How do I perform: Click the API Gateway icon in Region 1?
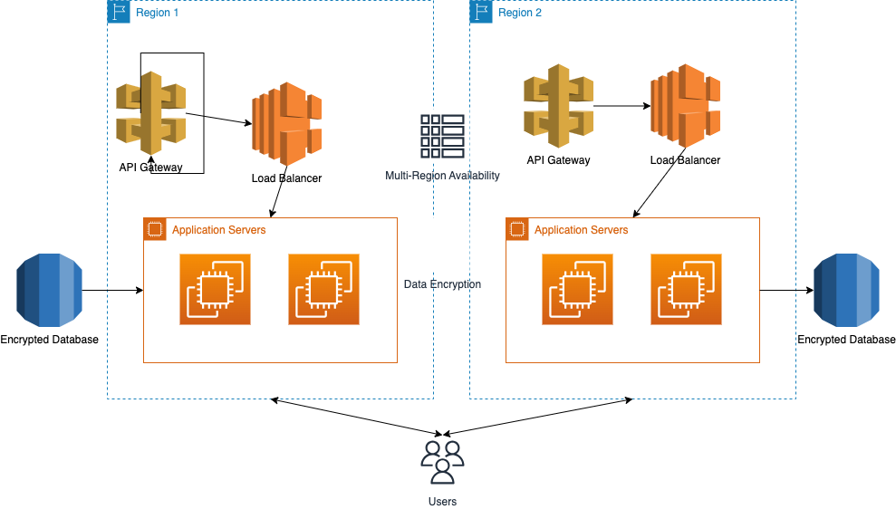pyautogui.click(x=151, y=113)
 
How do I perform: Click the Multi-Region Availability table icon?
pyautogui.click(x=442, y=137)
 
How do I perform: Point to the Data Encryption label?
pyautogui.click(x=442, y=284)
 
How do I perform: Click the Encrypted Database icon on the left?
pyautogui.click(x=49, y=290)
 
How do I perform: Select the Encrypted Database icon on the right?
pyautogui.click(x=846, y=290)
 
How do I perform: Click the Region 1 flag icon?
pyautogui.click(x=119, y=12)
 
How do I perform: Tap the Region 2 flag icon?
pyautogui.click(x=481, y=12)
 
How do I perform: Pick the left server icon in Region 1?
pyautogui.click(x=215, y=290)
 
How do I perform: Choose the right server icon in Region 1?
pyautogui.click(x=323, y=290)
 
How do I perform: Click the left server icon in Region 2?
pyautogui.click(x=577, y=290)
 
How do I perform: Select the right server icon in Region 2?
pyautogui.click(x=686, y=290)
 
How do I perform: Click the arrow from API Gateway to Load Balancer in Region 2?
pyautogui.click(x=621, y=106)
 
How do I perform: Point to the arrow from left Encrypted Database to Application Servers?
pyautogui.click(x=112, y=291)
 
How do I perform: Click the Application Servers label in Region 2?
pyautogui.click(x=581, y=230)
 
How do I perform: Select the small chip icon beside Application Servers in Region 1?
pyautogui.click(x=155, y=229)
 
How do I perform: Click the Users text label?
pyautogui.click(x=442, y=502)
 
